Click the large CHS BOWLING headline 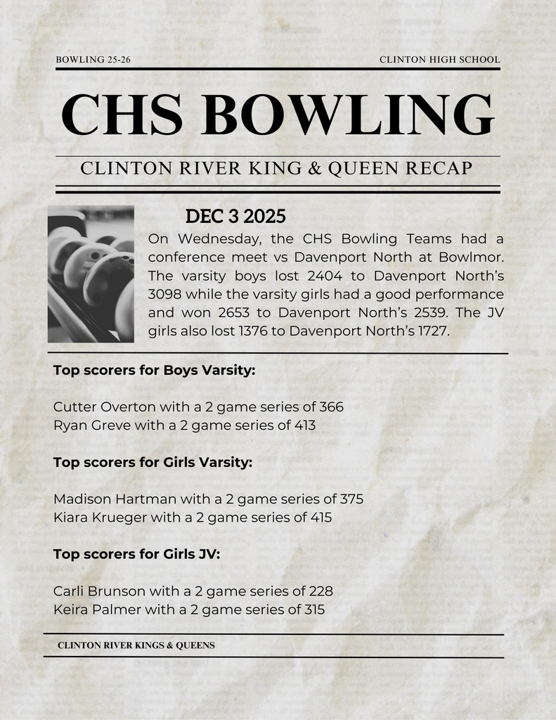point(278,115)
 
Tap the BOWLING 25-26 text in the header point(93,60)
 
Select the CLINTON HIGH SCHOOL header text point(439,60)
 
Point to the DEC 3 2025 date point(235,217)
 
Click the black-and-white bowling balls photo point(91,274)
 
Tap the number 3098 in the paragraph point(166,293)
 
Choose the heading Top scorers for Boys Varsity point(154,370)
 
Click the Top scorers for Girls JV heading point(137,554)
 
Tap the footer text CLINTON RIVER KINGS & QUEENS point(136,645)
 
